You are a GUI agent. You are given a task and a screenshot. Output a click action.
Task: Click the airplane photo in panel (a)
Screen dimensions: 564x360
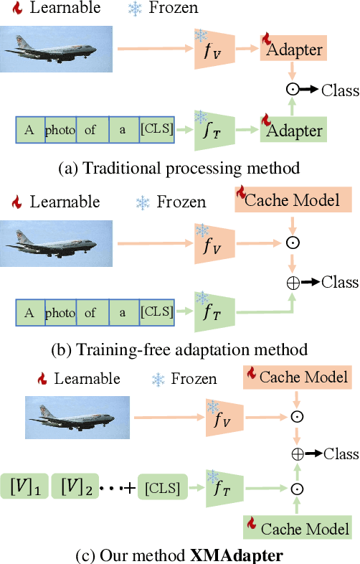[x=56, y=50]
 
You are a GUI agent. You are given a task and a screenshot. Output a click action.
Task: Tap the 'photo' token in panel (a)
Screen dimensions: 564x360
[x=60, y=131]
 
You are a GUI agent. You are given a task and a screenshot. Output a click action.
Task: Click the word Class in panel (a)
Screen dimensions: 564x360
[x=339, y=90]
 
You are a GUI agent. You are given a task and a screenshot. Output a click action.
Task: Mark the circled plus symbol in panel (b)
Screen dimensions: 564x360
[x=293, y=282]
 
